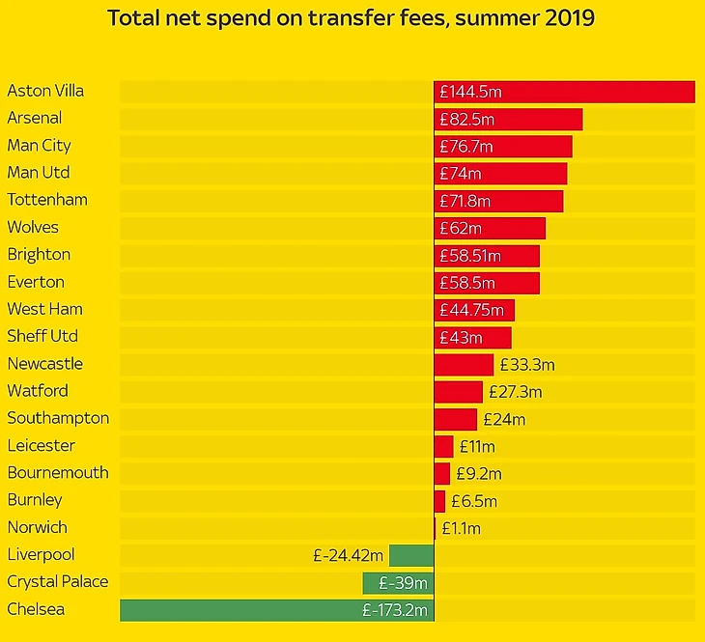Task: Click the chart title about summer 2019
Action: click(x=352, y=18)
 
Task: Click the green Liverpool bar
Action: click(x=411, y=555)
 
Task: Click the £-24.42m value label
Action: click(x=349, y=555)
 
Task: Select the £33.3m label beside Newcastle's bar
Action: click(x=527, y=365)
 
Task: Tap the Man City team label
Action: click(x=39, y=146)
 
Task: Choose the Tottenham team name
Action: click(x=47, y=200)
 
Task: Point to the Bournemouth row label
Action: click(x=58, y=473)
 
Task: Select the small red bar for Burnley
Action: click(x=439, y=501)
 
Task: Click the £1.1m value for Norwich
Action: click(x=461, y=528)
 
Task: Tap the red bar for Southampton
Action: click(x=455, y=419)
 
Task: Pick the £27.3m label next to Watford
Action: click(x=515, y=392)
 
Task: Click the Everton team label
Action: click(x=36, y=282)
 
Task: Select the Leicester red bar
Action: click(x=443, y=446)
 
